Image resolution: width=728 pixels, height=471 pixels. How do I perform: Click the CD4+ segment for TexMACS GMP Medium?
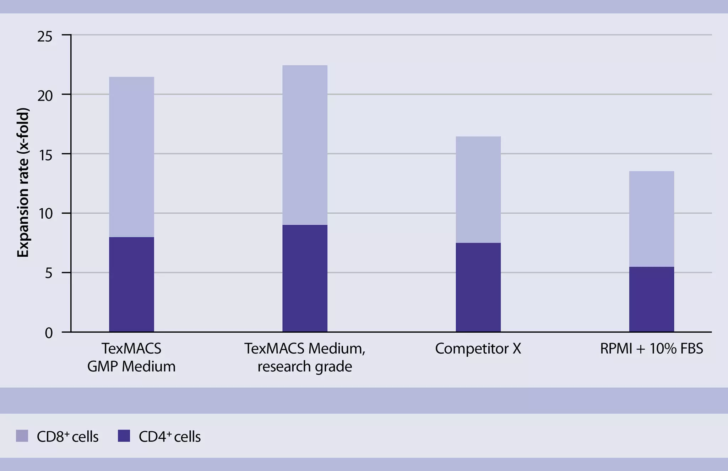pos(131,284)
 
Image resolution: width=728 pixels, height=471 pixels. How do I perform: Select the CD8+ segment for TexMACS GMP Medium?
pos(131,157)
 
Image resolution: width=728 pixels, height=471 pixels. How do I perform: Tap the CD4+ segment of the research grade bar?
pos(305,278)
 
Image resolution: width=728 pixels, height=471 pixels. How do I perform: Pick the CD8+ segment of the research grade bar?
pos(305,145)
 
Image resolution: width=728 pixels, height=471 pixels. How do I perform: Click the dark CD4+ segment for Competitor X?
pos(478,287)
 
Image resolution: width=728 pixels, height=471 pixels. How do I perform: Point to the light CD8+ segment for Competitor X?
pos(478,190)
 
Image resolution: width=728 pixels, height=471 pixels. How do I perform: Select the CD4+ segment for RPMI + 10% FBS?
pos(651,299)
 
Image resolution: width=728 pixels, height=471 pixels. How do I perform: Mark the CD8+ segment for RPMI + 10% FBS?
pos(651,219)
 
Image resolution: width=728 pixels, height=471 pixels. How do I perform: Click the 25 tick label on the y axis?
pos(45,37)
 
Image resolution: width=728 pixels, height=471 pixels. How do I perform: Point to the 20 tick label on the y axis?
pos(45,96)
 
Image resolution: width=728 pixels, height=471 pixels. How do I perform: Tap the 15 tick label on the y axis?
pos(45,155)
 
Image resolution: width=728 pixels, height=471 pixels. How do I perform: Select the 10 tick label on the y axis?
pos(45,214)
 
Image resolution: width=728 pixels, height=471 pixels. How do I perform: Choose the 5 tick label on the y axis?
pos(49,273)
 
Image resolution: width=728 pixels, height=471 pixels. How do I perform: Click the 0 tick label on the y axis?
pos(49,333)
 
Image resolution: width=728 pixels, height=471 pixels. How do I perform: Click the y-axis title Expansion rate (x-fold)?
pos(23,183)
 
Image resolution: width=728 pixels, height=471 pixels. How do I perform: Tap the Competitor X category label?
pos(478,349)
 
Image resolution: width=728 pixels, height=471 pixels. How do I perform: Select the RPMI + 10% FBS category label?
pos(651,349)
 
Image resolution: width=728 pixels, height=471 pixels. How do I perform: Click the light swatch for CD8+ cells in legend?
pos(22,436)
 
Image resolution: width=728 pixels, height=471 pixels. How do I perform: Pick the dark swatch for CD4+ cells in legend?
pos(124,436)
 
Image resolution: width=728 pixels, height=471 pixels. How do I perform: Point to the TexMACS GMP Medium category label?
pos(131,357)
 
